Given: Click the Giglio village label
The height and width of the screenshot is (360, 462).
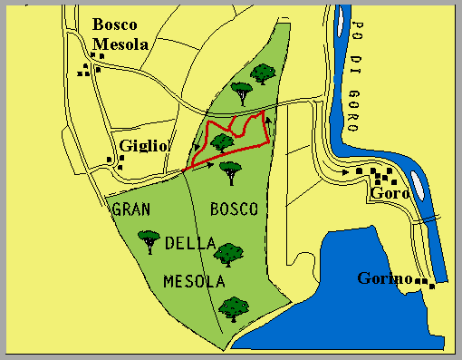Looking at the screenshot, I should point(145,145).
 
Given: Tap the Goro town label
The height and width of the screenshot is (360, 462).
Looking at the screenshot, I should point(390,193).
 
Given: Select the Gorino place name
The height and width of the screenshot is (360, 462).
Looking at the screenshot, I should point(385,277).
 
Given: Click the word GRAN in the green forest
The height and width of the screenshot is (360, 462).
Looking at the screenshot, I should point(130,209).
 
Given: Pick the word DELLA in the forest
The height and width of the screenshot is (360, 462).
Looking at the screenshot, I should point(190,244).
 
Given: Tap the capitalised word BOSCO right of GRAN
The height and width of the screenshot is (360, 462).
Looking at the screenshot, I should point(234,209).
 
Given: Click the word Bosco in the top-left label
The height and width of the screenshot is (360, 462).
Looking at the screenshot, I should point(114,24).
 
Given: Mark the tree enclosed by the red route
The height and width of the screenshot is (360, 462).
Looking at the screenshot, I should point(221,142).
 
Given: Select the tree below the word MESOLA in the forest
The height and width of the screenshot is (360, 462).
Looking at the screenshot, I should point(234,309).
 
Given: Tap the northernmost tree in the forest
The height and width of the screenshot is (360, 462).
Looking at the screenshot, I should point(264,73).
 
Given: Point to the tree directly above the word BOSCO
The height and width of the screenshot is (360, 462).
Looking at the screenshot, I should point(231,170).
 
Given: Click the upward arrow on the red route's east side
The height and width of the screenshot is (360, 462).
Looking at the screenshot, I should point(269,121).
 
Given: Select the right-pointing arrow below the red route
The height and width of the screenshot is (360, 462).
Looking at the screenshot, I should point(210,166).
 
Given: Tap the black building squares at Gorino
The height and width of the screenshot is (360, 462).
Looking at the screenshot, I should point(426,284).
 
